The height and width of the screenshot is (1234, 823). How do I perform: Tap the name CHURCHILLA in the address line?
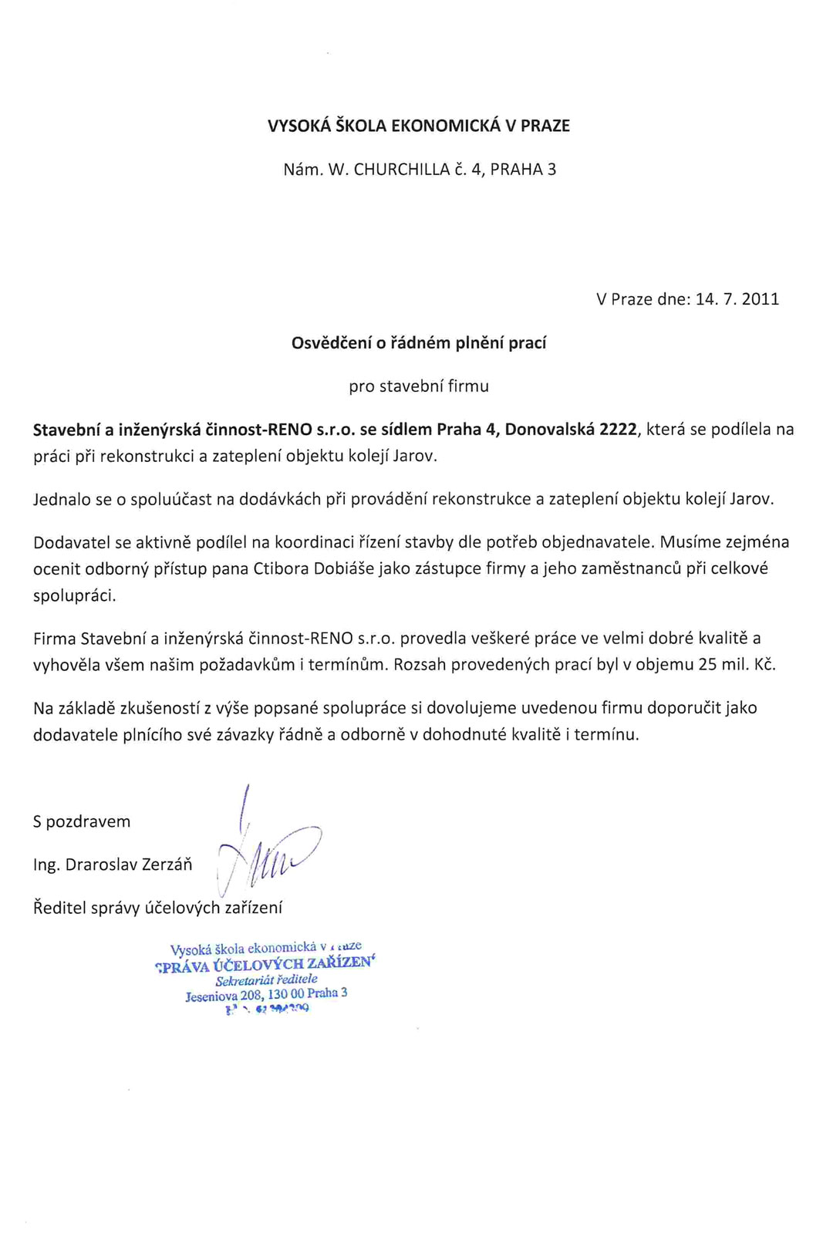pyautogui.click(x=401, y=170)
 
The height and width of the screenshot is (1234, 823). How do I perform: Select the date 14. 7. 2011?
pyautogui.click(x=737, y=299)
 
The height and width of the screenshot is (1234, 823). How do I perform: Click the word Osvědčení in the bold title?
pyautogui.click(x=331, y=343)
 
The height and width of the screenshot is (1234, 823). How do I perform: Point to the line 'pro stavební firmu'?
pyautogui.click(x=419, y=386)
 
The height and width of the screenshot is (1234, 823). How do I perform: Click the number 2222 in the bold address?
pyautogui.click(x=618, y=430)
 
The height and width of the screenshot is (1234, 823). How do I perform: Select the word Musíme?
pyautogui.click(x=686, y=542)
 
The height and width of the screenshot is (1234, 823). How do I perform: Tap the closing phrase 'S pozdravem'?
pyautogui.click(x=82, y=821)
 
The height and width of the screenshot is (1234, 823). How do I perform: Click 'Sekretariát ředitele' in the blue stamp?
pyautogui.click(x=266, y=980)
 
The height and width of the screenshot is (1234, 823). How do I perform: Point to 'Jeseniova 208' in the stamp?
pyautogui.click(x=224, y=996)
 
